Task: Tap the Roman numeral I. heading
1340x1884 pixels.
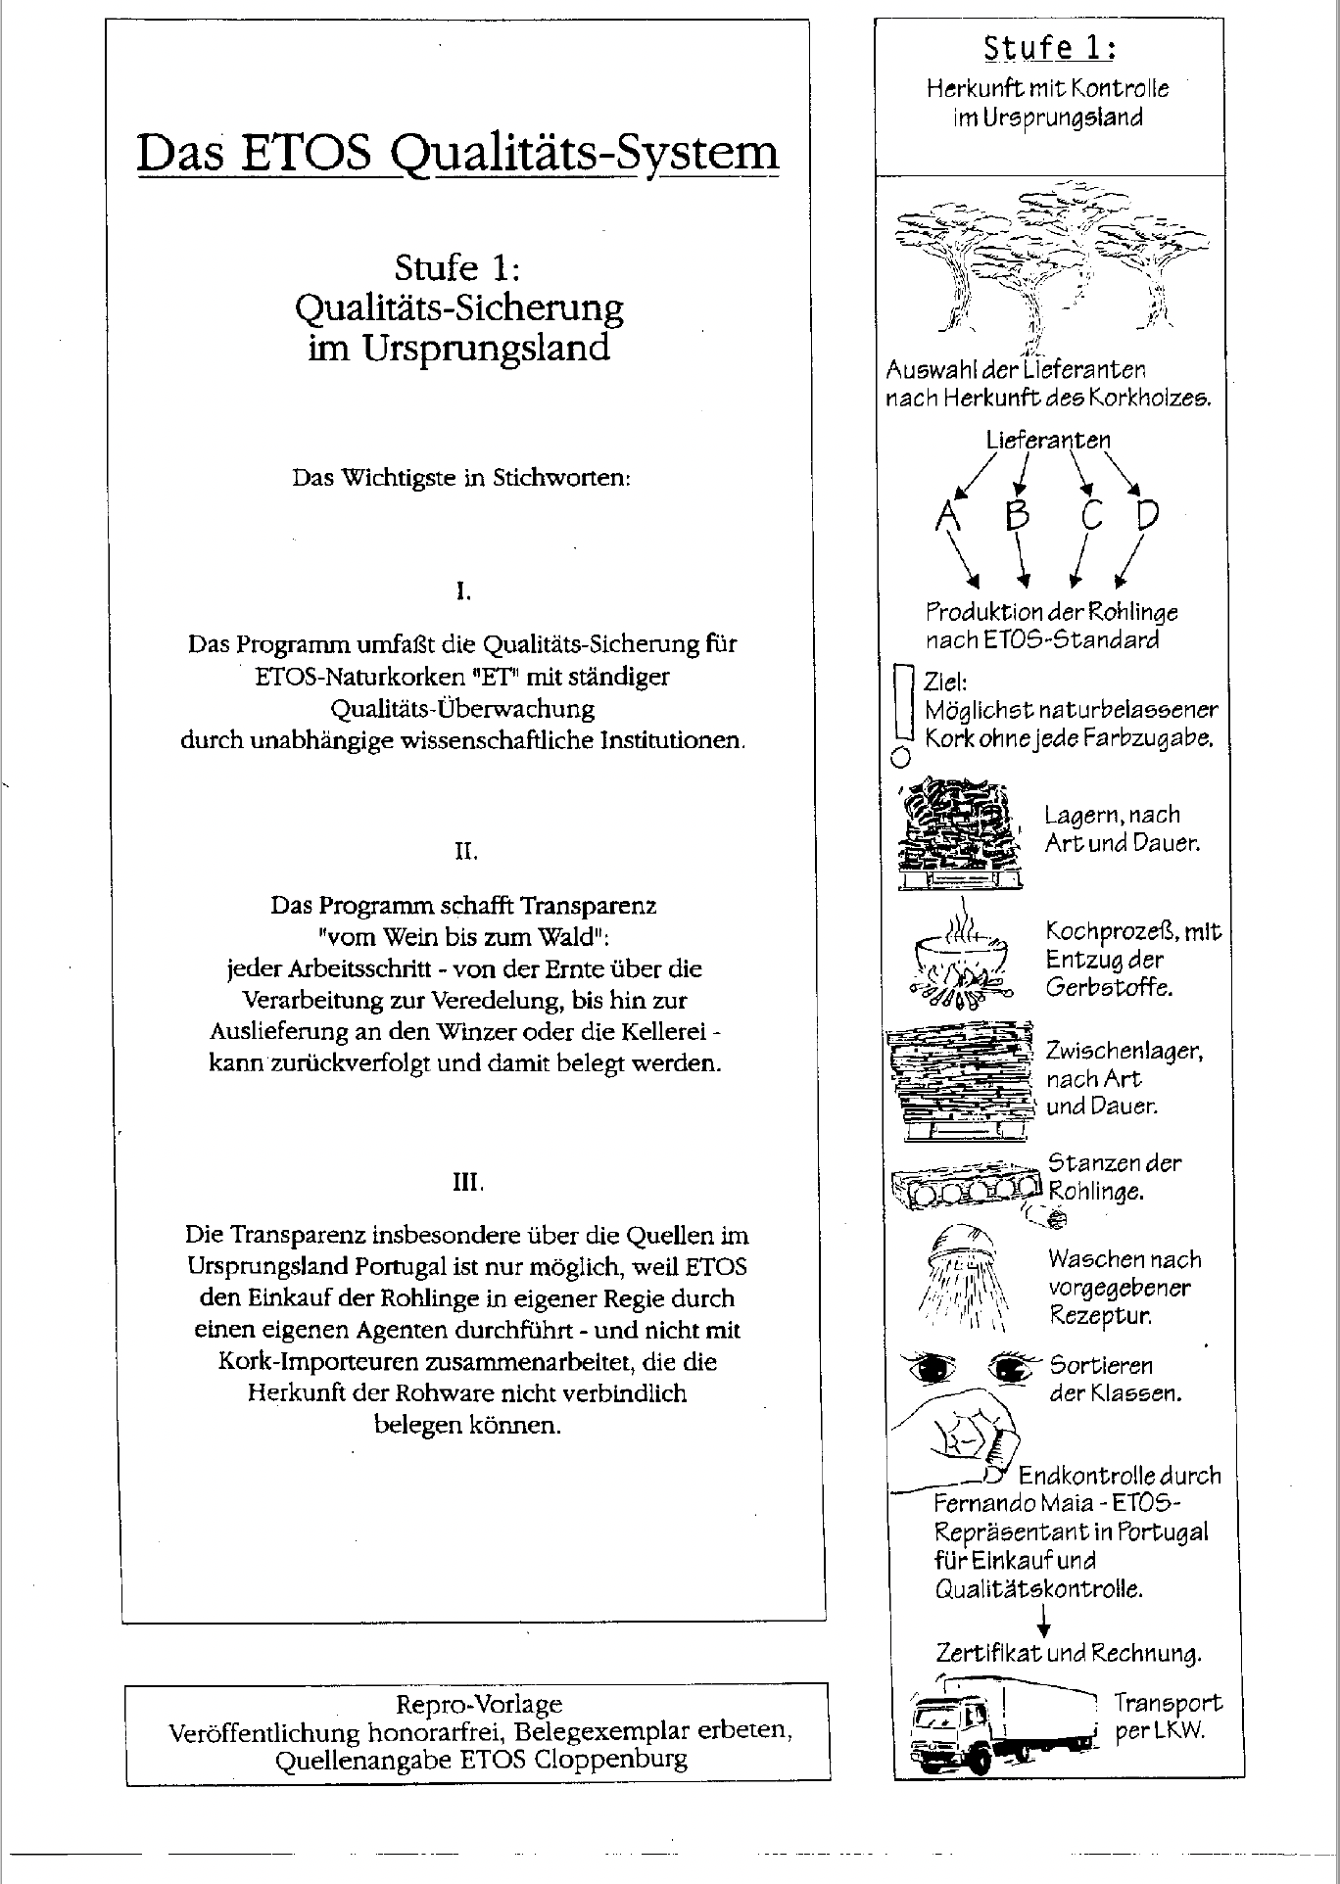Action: tap(464, 591)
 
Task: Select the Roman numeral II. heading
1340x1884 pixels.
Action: tap(465, 851)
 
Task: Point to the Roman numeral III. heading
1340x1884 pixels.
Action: tap(467, 1182)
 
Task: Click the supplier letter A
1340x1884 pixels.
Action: tap(946, 515)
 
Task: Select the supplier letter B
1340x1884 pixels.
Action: tap(1019, 514)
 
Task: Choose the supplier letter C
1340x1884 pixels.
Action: tap(1092, 514)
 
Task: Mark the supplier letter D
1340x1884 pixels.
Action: tap(1147, 514)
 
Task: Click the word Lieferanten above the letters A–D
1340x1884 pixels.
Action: tap(1048, 440)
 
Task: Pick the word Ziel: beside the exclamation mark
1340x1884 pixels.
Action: tap(944, 683)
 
